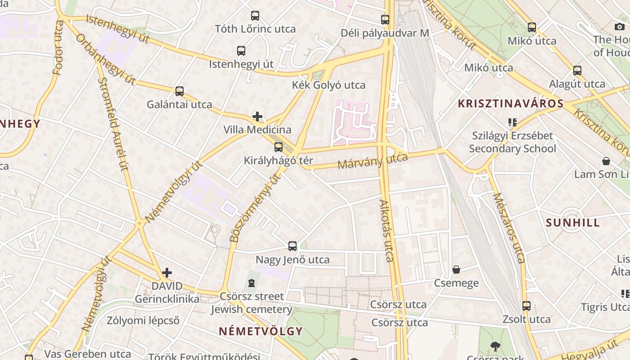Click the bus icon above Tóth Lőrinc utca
click(x=255, y=16)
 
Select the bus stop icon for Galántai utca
click(x=180, y=91)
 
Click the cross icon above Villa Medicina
click(x=257, y=117)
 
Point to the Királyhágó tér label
click(x=278, y=160)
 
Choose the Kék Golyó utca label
click(x=328, y=85)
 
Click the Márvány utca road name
click(x=372, y=161)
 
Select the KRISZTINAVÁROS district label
click(x=510, y=103)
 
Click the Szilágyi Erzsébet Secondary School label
click(x=512, y=142)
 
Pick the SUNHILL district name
click(x=572, y=223)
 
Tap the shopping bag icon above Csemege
click(x=456, y=270)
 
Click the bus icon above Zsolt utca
click(x=526, y=306)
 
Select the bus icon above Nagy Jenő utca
click(x=292, y=246)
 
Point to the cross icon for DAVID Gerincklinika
click(x=167, y=273)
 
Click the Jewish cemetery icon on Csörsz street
click(x=251, y=283)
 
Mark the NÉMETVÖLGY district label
click(x=261, y=331)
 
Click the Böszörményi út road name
click(x=254, y=208)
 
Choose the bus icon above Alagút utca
click(x=577, y=71)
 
